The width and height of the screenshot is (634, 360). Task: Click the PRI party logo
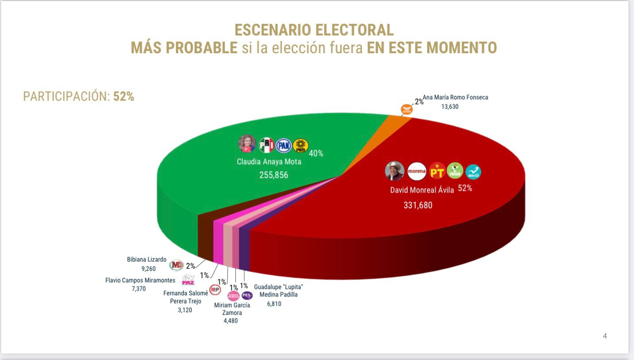coord(266,145)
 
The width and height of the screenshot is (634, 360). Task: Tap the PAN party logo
coord(284,145)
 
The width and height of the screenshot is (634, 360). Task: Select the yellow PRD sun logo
coord(301,145)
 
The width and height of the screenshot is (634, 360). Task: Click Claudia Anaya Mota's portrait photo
coord(247,144)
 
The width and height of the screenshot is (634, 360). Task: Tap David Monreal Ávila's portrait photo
coord(394,171)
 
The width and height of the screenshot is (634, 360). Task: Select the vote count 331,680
coord(418,205)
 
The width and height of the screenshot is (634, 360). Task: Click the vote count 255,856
coord(273,175)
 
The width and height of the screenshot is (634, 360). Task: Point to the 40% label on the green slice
coord(316,153)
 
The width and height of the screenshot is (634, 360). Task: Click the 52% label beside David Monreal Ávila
coord(465,188)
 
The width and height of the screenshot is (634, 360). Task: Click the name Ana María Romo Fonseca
coord(455,97)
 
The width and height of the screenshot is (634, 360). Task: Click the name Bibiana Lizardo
coord(147,259)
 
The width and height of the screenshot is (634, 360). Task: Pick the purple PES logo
coord(247,295)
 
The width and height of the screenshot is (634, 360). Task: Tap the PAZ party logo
coord(188,281)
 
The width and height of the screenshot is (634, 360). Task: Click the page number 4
coord(605,336)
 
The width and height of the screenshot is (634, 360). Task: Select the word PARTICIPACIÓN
coord(66,97)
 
